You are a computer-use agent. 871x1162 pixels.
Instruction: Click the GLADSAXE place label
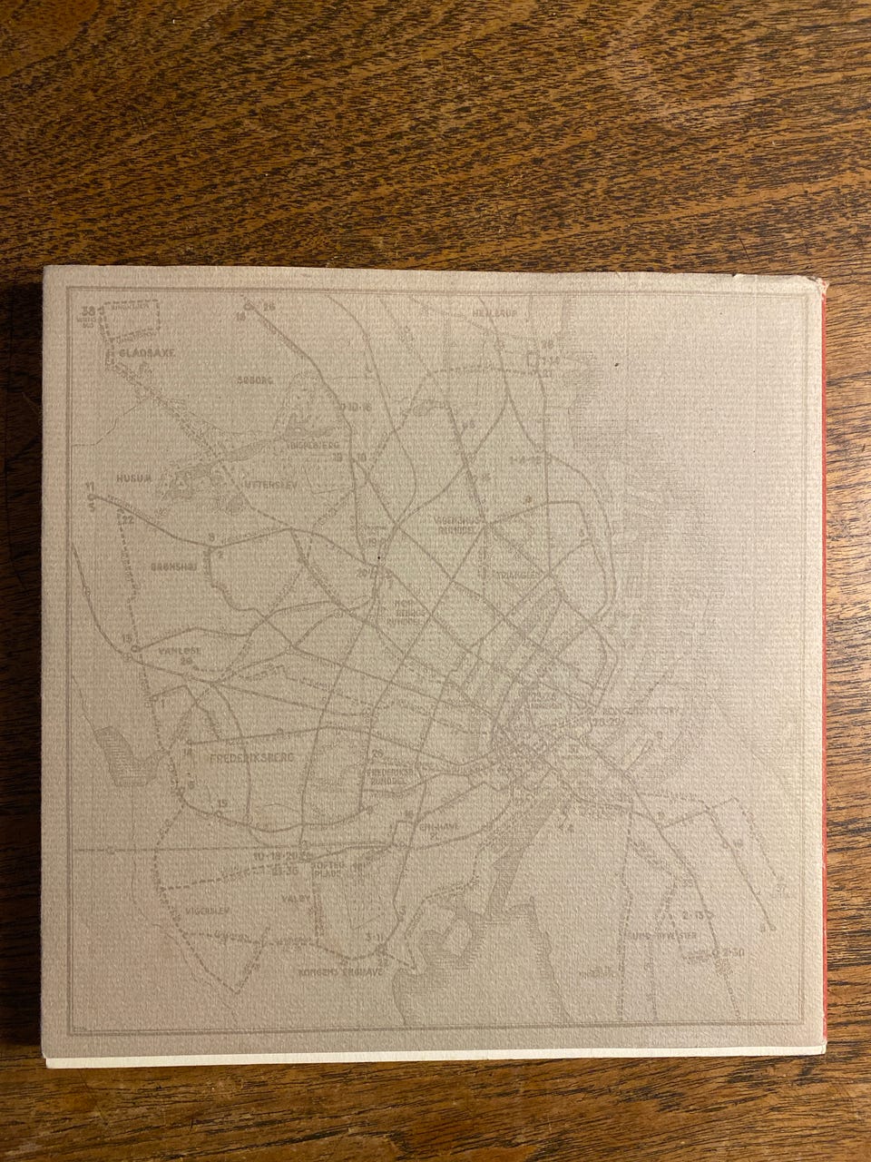click(142, 358)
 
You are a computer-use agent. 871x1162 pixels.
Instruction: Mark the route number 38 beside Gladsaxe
click(86, 310)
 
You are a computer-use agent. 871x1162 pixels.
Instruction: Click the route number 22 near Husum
click(128, 519)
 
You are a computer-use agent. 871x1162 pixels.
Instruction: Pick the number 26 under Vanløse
click(189, 662)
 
